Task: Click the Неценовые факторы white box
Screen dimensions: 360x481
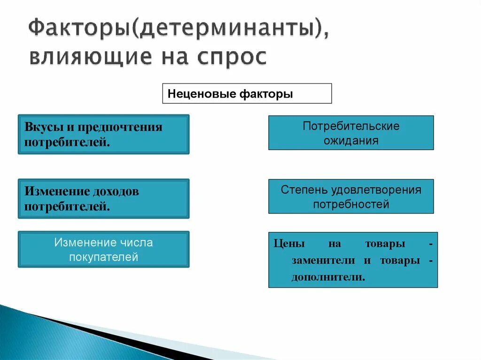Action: pyautogui.click(x=247, y=93)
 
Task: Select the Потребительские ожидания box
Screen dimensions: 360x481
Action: pyautogui.click(x=351, y=133)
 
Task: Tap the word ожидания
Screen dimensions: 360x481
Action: pyautogui.click(x=351, y=140)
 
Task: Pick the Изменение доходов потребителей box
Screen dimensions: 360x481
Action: pyautogui.click(x=103, y=199)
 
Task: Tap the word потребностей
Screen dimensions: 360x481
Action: pyautogui.click(x=351, y=204)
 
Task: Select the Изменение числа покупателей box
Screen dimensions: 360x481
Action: pyautogui.click(x=103, y=249)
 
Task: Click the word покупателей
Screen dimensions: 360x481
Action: pyautogui.click(x=103, y=257)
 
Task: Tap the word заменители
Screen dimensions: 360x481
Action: pyautogui.click(x=324, y=260)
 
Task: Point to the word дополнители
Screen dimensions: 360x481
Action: pyautogui.click(x=328, y=277)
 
